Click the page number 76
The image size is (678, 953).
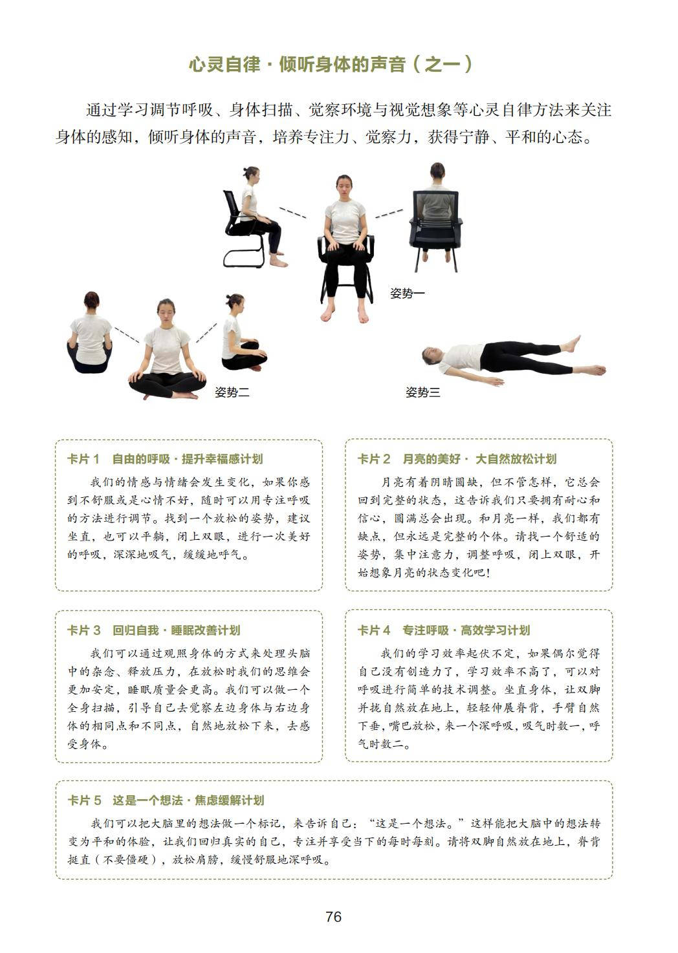coord(333,916)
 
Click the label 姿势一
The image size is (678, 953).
coord(408,293)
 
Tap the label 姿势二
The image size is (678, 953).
coord(232,392)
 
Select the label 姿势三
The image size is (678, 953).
coord(422,392)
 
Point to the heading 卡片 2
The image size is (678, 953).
coord(374,459)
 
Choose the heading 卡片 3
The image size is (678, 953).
coord(83,630)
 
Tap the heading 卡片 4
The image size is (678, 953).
coord(374,630)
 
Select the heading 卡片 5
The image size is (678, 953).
coord(84,800)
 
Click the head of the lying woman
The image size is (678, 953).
coord(432,356)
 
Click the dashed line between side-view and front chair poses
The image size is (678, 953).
coord(293,213)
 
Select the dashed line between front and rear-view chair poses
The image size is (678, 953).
coord(389,213)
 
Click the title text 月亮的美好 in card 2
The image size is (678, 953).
coord(431,459)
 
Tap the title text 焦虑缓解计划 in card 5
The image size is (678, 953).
coord(230,800)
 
